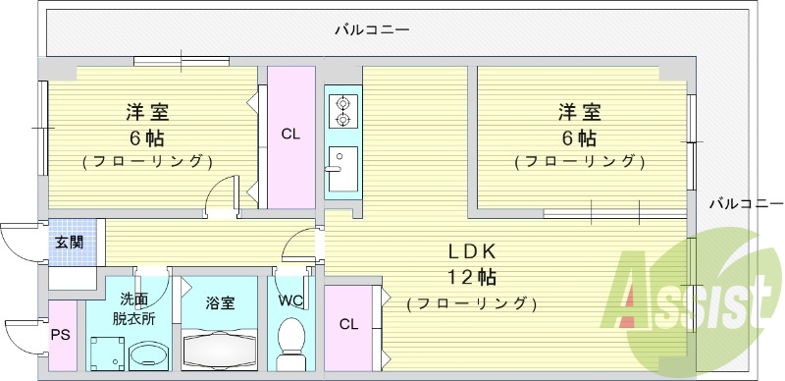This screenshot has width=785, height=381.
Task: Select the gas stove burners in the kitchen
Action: [343, 110]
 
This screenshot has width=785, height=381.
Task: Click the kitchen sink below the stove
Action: [342, 171]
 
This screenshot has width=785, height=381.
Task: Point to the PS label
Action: [61, 335]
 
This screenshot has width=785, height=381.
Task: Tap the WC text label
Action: [291, 300]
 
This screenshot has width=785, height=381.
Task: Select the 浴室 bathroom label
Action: [220, 303]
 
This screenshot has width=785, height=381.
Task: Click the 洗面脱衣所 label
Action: [133, 308]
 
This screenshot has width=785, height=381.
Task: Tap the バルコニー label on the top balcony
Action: [373, 29]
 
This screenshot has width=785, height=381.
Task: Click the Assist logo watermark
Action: [687, 295]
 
